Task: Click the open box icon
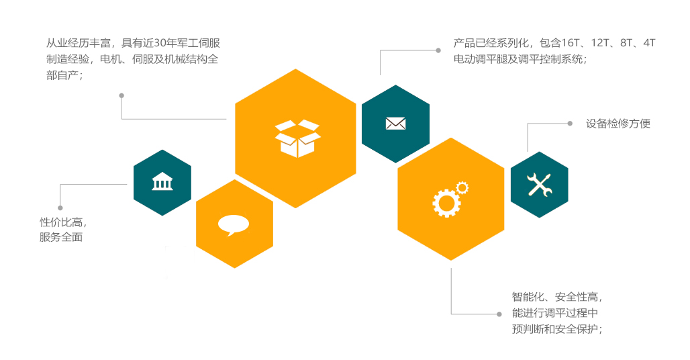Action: tap(297, 138)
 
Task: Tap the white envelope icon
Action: tap(395, 124)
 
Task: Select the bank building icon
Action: tap(162, 181)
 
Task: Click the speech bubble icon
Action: tap(234, 224)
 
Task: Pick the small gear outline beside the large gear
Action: tap(462, 187)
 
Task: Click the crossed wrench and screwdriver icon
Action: tap(539, 185)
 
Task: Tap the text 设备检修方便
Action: tap(618, 124)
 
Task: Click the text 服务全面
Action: tap(61, 237)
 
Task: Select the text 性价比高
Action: tap(62, 222)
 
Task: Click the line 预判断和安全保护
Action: tap(556, 329)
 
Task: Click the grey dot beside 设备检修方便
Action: tap(570, 124)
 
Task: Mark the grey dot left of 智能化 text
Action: tap(499, 314)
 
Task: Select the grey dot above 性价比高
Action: tap(60, 208)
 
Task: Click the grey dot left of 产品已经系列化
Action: tap(438, 50)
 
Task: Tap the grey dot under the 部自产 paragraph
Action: tap(121, 95)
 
